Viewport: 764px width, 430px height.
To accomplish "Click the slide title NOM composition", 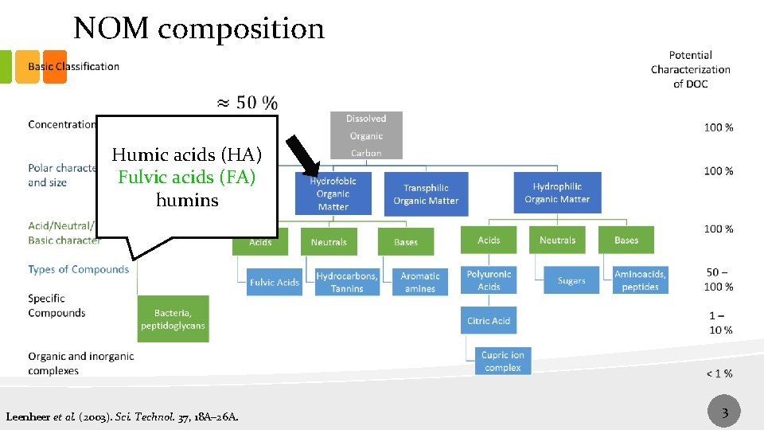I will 199,29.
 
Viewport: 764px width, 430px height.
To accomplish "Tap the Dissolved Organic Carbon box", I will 366,135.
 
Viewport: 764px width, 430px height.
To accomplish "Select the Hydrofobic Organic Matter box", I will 333,193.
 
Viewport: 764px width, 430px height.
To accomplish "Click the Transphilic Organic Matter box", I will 426,193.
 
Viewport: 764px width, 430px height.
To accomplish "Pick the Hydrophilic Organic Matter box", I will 557,193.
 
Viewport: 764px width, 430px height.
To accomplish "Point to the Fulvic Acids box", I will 274,282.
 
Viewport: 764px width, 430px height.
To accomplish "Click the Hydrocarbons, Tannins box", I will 347,282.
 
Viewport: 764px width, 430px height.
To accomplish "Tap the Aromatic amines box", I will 420,282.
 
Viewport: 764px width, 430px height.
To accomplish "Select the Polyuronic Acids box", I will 489,280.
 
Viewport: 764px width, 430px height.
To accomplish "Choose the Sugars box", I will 571,280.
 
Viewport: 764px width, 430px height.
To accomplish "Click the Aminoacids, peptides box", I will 640,280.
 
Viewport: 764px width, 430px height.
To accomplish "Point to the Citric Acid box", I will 489,320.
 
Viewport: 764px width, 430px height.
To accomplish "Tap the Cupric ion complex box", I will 502,361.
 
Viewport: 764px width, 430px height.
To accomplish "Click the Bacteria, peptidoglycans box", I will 173,319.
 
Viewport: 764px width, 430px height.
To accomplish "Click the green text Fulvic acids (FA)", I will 187,177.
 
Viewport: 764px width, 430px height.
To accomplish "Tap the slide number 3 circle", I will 724,412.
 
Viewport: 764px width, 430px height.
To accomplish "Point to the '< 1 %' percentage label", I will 719,373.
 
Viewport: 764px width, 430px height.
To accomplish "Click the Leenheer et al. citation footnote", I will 121,416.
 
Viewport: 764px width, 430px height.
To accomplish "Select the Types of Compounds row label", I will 78,269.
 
